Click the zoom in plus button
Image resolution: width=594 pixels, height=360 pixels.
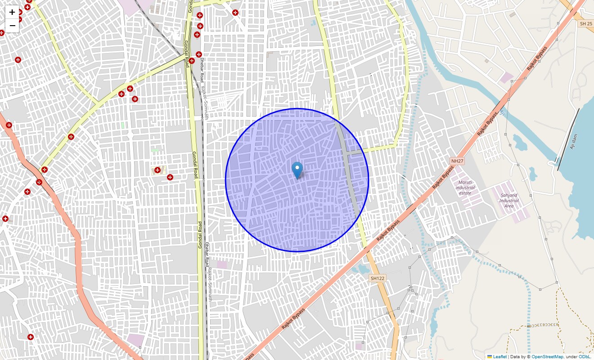coord(12,12)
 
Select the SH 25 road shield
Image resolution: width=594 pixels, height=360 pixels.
coord(586,23)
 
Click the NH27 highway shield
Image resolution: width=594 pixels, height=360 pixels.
coord(457,161)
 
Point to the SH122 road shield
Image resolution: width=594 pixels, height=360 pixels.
coord(377,279)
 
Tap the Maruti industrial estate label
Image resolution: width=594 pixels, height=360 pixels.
coord(465,188)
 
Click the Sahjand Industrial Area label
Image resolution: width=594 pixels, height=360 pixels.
coord(509,201)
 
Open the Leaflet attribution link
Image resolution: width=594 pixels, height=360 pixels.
coord(499,356)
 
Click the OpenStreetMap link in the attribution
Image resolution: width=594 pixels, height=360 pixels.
coord(547,356)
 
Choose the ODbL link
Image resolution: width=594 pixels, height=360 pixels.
coord(585,356)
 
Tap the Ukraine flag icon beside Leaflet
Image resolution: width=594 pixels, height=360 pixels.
coord(490,356)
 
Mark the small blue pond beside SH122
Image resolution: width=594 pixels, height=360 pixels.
coord(361,270)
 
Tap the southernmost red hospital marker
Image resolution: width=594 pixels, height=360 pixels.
coord(31,337)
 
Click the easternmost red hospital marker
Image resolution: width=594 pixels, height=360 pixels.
coord(235,13)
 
